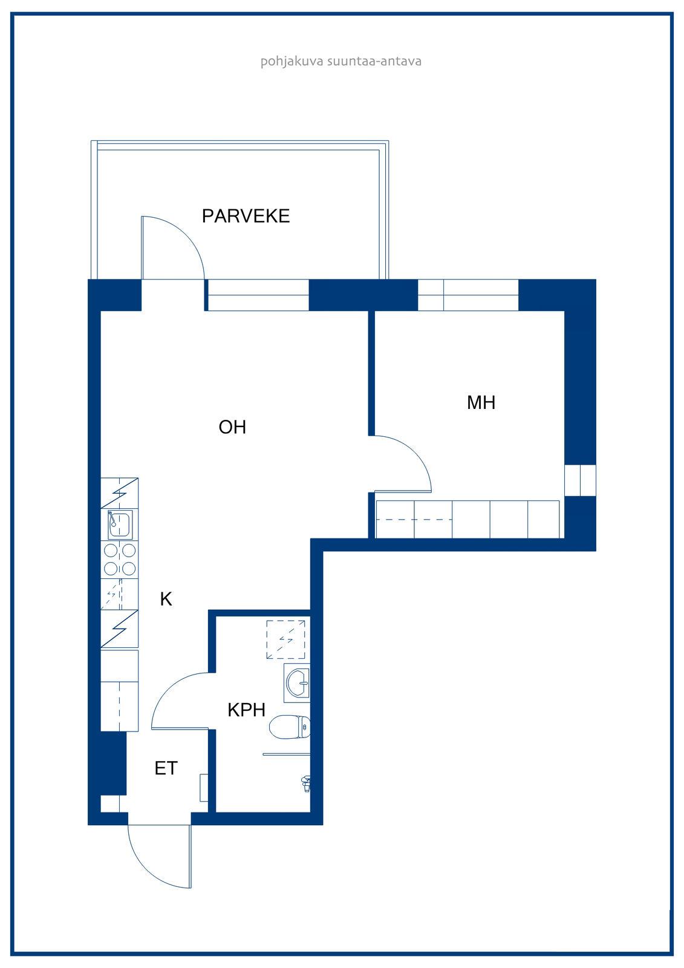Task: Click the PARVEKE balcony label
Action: pyautogui.click(x=246, y=216)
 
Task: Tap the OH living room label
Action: pyautogui.click(x=232, y=427)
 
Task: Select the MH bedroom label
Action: pyautogui.click(x=481, y=402)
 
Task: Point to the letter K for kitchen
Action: pyautogui.click(x=166, y=599)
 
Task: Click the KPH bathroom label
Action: pyautogui.click(x=246, y=710)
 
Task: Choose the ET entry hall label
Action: pyautogui.click(x=166, y=768)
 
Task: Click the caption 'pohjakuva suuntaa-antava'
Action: pyautogui.click(x=341, y=61)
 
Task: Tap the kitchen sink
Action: pyautogui.click(x=120, y=524)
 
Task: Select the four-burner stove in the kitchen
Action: pyautogui.click(x=120, y=559)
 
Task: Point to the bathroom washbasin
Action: pyautogui.click(x=298, y=683)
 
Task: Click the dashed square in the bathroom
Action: pyautogui.click(x=285, y=639)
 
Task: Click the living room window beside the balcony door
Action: pyautogui.click(x=258, y=295)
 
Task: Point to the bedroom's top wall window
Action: pyautogui.click(x=468, y=295)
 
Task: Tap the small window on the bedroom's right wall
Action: pyautogui.click(x=581, y=480)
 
